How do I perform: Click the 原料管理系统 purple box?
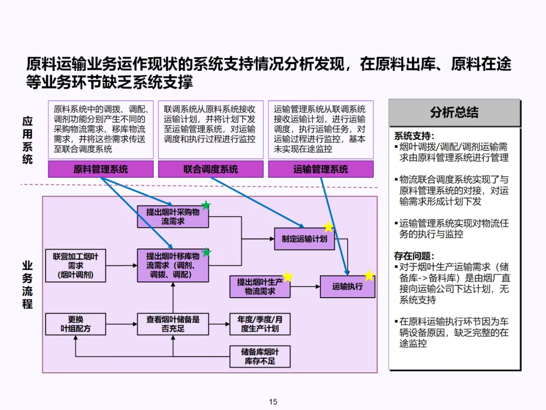(x=101, y=170)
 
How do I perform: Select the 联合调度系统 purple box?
(x=210, y=170)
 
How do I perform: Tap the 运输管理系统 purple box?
(x=321, y=170)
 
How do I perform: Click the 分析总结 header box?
(x=454, y=112)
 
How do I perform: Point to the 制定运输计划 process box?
(x=304, y=239)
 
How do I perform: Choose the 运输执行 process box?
(x=347, y=286)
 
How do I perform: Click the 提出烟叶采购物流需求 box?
(x=173, y=217)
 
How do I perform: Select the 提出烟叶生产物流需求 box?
(x=260, y=286)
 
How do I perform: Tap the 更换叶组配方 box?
(x=75, y=324)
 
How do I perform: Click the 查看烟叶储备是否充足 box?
(x=173, y=324)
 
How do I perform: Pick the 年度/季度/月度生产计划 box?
(x=260, y=324)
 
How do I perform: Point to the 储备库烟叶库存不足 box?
(x=260, y=356)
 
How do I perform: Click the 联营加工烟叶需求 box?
(x=75, y=266)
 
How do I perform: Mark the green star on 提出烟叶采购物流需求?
(x=206, y=205)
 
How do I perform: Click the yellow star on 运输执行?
(x=370, y=275)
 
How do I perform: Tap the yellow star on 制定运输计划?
(x=329, y=227)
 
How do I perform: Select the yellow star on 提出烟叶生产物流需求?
(x=288, y=276)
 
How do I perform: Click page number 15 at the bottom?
(x=273, y=402)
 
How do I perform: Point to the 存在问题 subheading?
(x=414, y=256)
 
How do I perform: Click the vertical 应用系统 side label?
(x=27, y=140)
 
